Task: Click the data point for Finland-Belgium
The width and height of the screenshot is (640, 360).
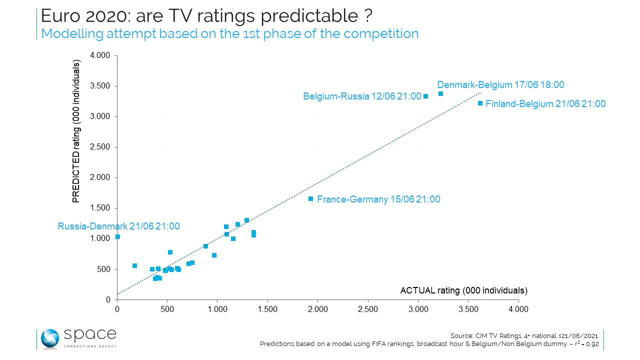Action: (x=480, y=103)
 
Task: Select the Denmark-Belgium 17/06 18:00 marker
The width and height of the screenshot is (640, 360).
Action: (x=440, y=94)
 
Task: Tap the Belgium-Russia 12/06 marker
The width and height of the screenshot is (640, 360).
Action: (x=425, y=96)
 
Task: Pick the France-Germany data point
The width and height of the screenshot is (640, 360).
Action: (x=310, y=199)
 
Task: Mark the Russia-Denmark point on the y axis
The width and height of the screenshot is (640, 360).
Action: (x=117, y=237)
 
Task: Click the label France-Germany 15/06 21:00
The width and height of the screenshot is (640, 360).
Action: (x=378, y=199)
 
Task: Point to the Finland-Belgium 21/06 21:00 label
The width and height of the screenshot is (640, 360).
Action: (x=545, y=104)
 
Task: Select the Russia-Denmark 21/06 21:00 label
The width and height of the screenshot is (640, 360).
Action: (x=118, y=226)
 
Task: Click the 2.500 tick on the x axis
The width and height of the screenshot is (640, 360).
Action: (x=367, y=309)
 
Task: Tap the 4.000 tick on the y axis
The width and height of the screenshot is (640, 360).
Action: (x=100, y=55)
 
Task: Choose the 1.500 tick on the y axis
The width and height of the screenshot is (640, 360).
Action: (x=100, y=208)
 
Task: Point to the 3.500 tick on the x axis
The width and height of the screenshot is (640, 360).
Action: (x=468, y=309)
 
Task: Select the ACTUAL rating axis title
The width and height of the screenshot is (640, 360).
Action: (x=463, y=290)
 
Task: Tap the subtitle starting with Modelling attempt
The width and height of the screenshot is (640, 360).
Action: (x=229, y=33)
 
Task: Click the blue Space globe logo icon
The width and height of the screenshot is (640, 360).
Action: (x=49, y=338)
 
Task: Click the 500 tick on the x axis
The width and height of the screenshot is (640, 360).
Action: (x=167, y=309)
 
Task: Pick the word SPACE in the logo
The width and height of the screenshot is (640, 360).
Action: (x=90, y=334)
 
